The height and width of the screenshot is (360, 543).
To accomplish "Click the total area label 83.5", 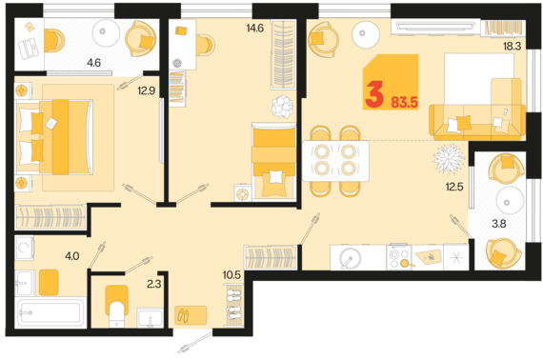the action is click(x=405, y=103).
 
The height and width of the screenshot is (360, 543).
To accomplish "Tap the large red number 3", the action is click(x=374, y=93).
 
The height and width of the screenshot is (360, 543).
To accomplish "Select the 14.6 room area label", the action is click(x=255, y=28).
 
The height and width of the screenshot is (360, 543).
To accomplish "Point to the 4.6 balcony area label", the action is click(x=94, y=63).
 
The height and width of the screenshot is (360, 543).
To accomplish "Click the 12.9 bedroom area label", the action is click(x=147, y=90).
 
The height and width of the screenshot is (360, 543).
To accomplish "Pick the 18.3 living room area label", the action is click(x=513, y=47).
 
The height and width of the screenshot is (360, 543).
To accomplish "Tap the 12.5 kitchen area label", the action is click(x=454, y=187).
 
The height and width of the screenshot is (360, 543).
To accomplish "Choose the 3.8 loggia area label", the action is click(x=499, y=224).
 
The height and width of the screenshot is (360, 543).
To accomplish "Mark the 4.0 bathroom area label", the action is click(x=72, y=256).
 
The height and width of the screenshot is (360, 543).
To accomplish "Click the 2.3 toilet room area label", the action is click(x=153, y=284).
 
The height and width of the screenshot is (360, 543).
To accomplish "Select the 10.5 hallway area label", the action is click(x=231, y=275).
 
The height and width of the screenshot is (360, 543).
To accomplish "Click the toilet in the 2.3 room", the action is click(x=117, y=306).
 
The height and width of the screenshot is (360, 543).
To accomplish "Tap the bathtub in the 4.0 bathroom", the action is click(x=50, y=312).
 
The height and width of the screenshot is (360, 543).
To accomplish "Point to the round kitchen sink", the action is click(x=350, y=258).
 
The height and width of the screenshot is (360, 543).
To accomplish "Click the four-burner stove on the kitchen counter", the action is click(x=399, y=257).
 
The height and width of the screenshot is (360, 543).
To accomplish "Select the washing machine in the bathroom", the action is click(x=24, y=248).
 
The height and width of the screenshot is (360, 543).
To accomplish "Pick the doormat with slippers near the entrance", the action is click(x=191, y=315).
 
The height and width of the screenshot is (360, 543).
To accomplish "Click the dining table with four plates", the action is click(x=335, y=161).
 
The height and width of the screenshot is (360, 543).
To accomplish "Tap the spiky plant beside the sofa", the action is click(x=449, y=158).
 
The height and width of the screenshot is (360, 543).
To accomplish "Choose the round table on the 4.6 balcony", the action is click(x=106, y=32).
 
